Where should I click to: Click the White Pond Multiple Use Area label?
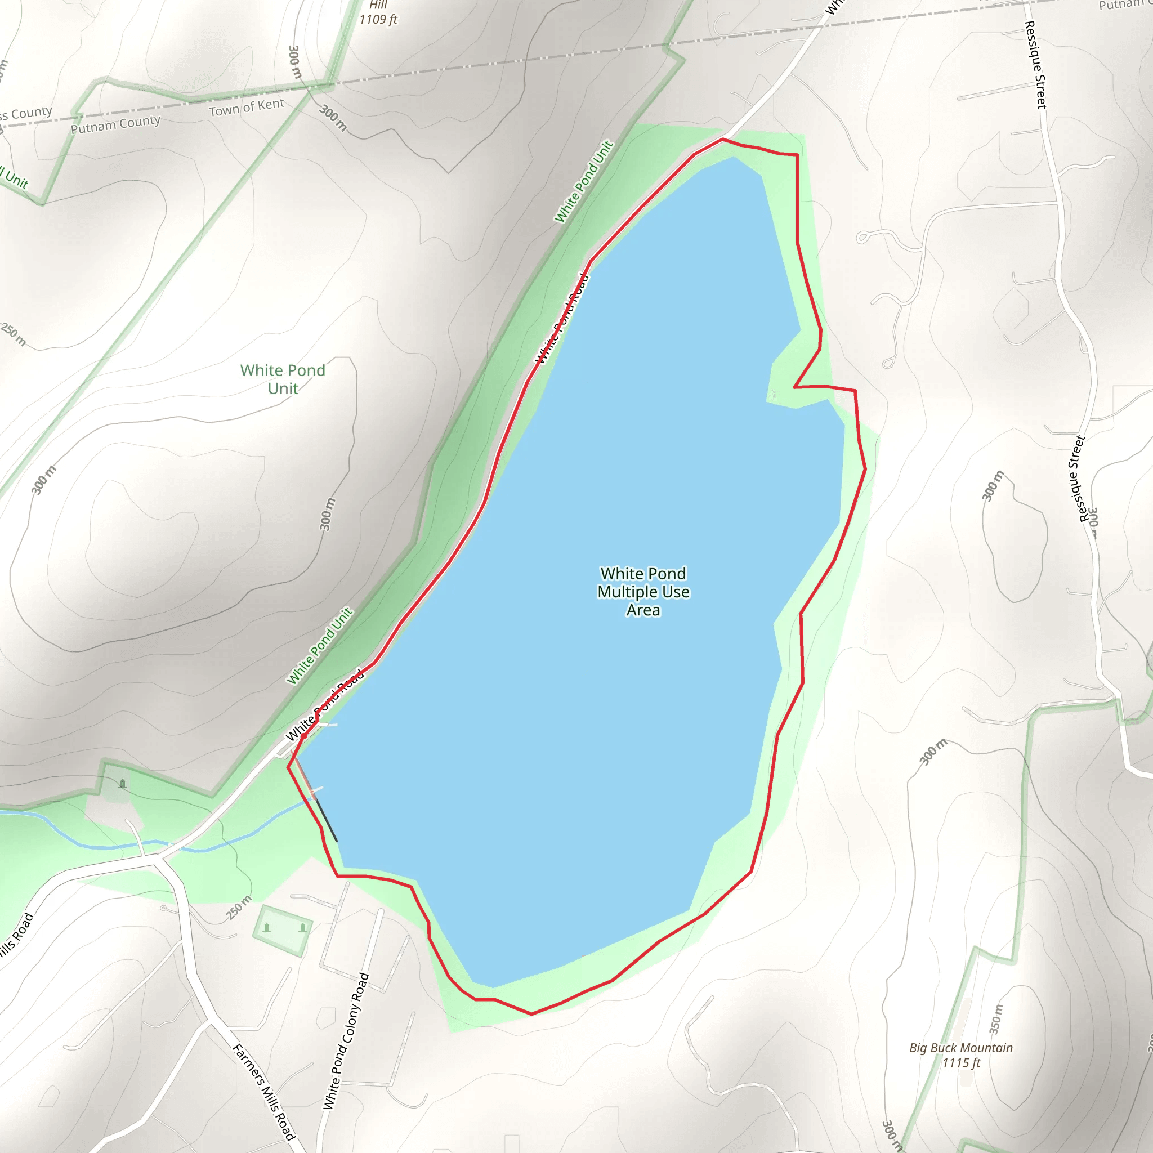coord(643,592)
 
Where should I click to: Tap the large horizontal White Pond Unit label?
coord(283,379)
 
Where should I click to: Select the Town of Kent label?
coord(247,108)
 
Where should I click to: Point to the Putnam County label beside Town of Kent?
coord(116,124)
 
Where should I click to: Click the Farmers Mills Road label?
coord(264,1092)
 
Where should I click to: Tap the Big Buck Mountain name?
coord(961,1048)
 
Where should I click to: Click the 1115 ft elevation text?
coord(961,1063)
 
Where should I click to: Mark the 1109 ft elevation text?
coord(378,20)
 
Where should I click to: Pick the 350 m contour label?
coord(996,1018)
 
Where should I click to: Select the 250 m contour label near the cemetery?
coord(239,908)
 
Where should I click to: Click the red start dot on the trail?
coord(303,736)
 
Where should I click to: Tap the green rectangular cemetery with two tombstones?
coord(283,930)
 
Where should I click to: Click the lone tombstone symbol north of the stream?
coord(123,784)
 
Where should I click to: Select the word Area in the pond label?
coord(643,610)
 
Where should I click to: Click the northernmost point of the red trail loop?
coord(723,139)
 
